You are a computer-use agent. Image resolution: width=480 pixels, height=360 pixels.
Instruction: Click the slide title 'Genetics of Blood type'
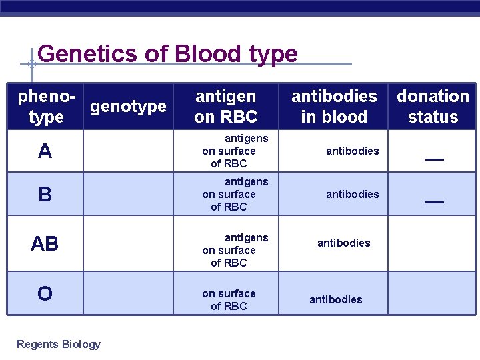tap(167, 53)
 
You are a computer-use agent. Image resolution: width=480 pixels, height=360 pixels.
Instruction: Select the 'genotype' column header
tap(128, 107)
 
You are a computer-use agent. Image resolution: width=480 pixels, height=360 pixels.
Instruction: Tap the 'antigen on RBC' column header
tap(225, 107)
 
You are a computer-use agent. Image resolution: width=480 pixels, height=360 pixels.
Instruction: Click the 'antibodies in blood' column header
tap(333, 107)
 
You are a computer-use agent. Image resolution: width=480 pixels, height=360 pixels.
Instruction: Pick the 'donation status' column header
tap(433, 107)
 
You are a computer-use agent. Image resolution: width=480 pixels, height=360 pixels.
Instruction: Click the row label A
tap(45, 152)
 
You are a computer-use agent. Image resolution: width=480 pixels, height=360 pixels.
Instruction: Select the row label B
tap(45, 195)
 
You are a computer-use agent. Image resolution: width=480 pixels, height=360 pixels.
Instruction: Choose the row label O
tap(45, 294)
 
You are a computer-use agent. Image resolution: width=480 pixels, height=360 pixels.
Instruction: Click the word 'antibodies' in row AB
tap(343, 243)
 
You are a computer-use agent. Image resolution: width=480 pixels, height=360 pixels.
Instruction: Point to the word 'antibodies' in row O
tap(335, 300)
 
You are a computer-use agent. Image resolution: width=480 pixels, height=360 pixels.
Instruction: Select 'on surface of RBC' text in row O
tap(229, 300)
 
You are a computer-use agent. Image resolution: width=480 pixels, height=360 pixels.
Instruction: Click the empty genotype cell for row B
tap(128, 194)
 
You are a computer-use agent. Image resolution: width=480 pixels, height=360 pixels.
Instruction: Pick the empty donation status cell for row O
tap(432, 293)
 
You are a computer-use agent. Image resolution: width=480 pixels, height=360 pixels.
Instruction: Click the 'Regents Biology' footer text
tap(59, 345)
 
